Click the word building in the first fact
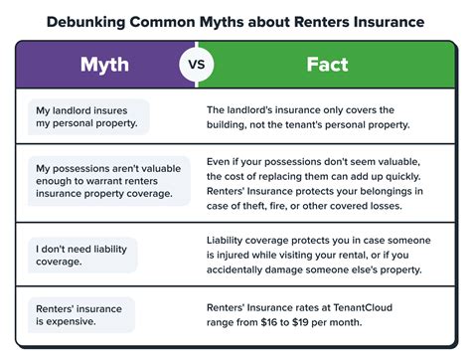(x=233, y=124)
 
